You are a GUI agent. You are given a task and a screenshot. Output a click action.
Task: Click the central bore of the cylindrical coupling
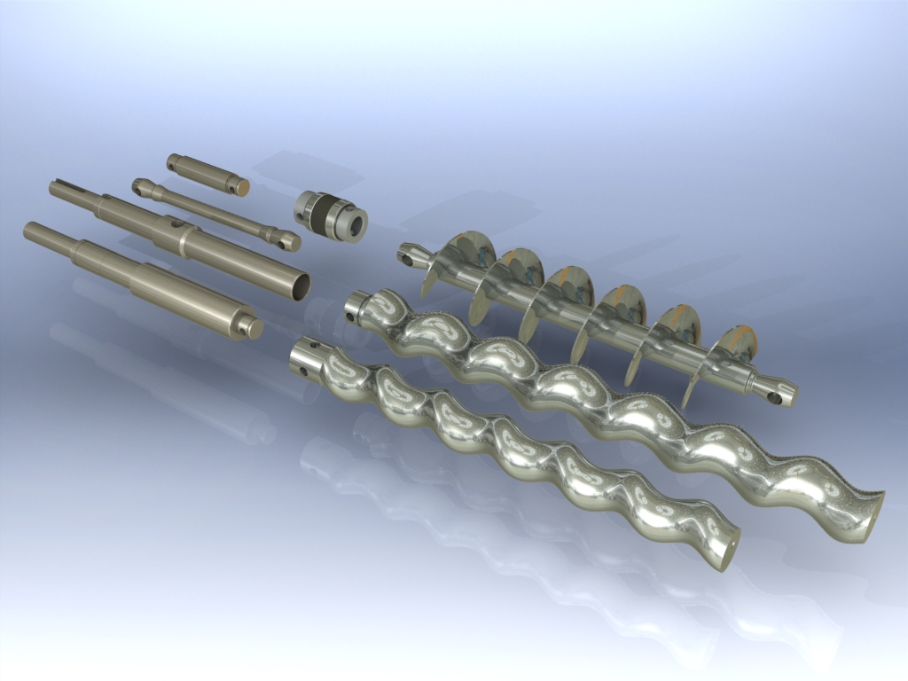click(356, 223)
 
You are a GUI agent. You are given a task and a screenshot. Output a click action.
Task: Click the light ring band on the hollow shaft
click(181, 240)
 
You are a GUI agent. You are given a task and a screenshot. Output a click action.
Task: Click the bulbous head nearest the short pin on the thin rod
click(142, 187)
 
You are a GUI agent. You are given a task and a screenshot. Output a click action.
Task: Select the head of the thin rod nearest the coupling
click(286, 239)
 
